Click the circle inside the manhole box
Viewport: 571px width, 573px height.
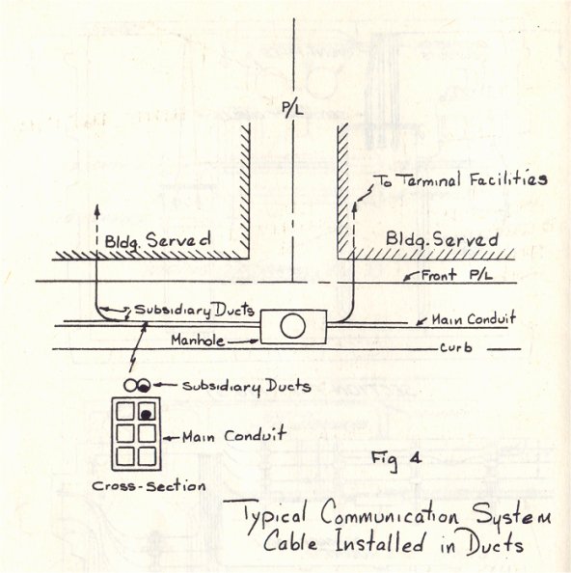(x=293, y=326)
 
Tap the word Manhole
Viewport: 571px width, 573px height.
(x=198, y=341)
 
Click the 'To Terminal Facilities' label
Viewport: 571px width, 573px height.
(x=461, y=179)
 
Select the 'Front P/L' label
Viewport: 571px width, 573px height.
(x=457, y=275)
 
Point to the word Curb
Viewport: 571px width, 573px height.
(x=456, y=347)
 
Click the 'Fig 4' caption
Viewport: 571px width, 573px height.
(x=396, y=460)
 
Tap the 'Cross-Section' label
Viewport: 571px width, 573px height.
(x=149, y=486)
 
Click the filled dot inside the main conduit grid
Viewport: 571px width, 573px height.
(x=147, y=415)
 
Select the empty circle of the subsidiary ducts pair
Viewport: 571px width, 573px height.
(x=130, y=385)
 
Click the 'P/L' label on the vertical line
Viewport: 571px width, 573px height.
(x=292, y=109)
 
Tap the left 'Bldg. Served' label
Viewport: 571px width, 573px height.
(x=157, y=241)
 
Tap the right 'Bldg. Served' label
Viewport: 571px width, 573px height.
(x=442, y=240)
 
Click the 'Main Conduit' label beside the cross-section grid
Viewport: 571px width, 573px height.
(x=233, y=436)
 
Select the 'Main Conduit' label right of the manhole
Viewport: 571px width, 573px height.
(x=474, y=319)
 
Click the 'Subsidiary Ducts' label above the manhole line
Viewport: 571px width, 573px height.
(x=194, y=311)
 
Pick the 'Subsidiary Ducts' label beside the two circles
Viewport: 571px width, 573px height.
(x=247, y=386)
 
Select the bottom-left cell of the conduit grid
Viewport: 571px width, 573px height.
(x=125, y=456)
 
